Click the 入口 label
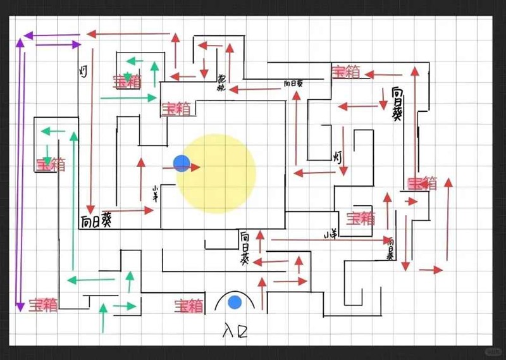tap(235, 329)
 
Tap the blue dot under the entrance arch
tap(235, 302)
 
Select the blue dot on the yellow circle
tap(182, 163)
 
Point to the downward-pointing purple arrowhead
tap(20, 306)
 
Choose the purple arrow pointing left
tap(51, 35)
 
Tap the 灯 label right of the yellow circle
tap(338, 156)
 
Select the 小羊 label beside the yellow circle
tap(154, 193)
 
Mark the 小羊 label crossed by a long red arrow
tap(330, 235)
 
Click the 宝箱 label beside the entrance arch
tap(189, 306)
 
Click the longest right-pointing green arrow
tap(128, 97)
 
